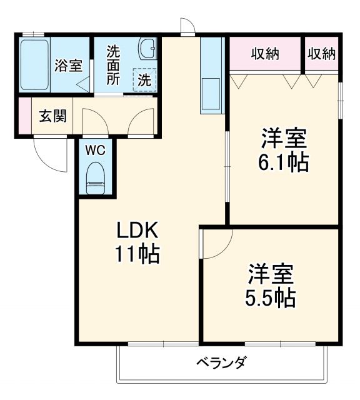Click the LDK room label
tap(139, 231)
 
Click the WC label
tap(95, 150)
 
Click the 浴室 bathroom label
tap(68, 65)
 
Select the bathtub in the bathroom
tap(35, 65)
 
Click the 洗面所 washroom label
tap(113, 65)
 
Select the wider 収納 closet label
tap(265, 54)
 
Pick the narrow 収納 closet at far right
tap(321, 54)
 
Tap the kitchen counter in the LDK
tap(211, 75)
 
